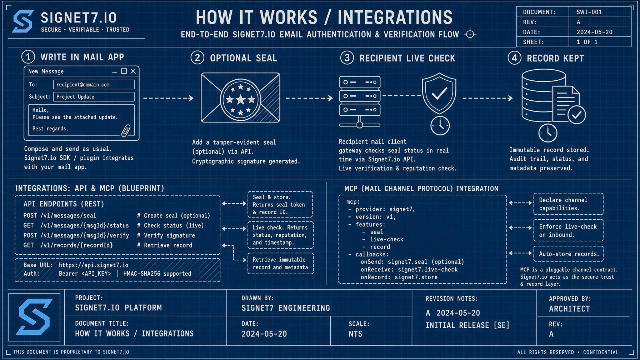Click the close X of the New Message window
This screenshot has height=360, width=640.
[x=133, y=71]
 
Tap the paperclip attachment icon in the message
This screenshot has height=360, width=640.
[x=126, y=131]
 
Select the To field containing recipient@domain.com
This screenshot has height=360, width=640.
[x=94, y=85]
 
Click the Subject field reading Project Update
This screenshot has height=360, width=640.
[x=94, y=97]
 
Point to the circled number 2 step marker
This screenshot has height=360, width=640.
[x=197, y=57]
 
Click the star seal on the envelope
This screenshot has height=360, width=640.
[x=240, y=100]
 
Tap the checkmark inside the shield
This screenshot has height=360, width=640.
[x=439, y=94]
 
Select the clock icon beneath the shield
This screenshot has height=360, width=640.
[x=440, y=126]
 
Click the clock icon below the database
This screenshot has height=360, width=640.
[x=548, y=133]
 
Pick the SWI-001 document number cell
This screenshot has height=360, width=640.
[x=600, y=12]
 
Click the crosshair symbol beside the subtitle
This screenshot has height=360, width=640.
[x=470, y=34]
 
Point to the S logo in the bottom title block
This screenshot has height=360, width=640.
[x=34, y=317]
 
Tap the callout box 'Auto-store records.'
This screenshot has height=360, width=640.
[x=569, y=254]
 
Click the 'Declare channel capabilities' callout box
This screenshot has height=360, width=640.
[x=569, y=204]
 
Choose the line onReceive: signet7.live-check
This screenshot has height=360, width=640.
[x=409, y=270]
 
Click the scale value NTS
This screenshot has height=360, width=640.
[x=356, y=334]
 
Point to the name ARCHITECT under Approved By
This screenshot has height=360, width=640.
[x=569, y=309]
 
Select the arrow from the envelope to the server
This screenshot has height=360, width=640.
[x=309, y=98]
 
